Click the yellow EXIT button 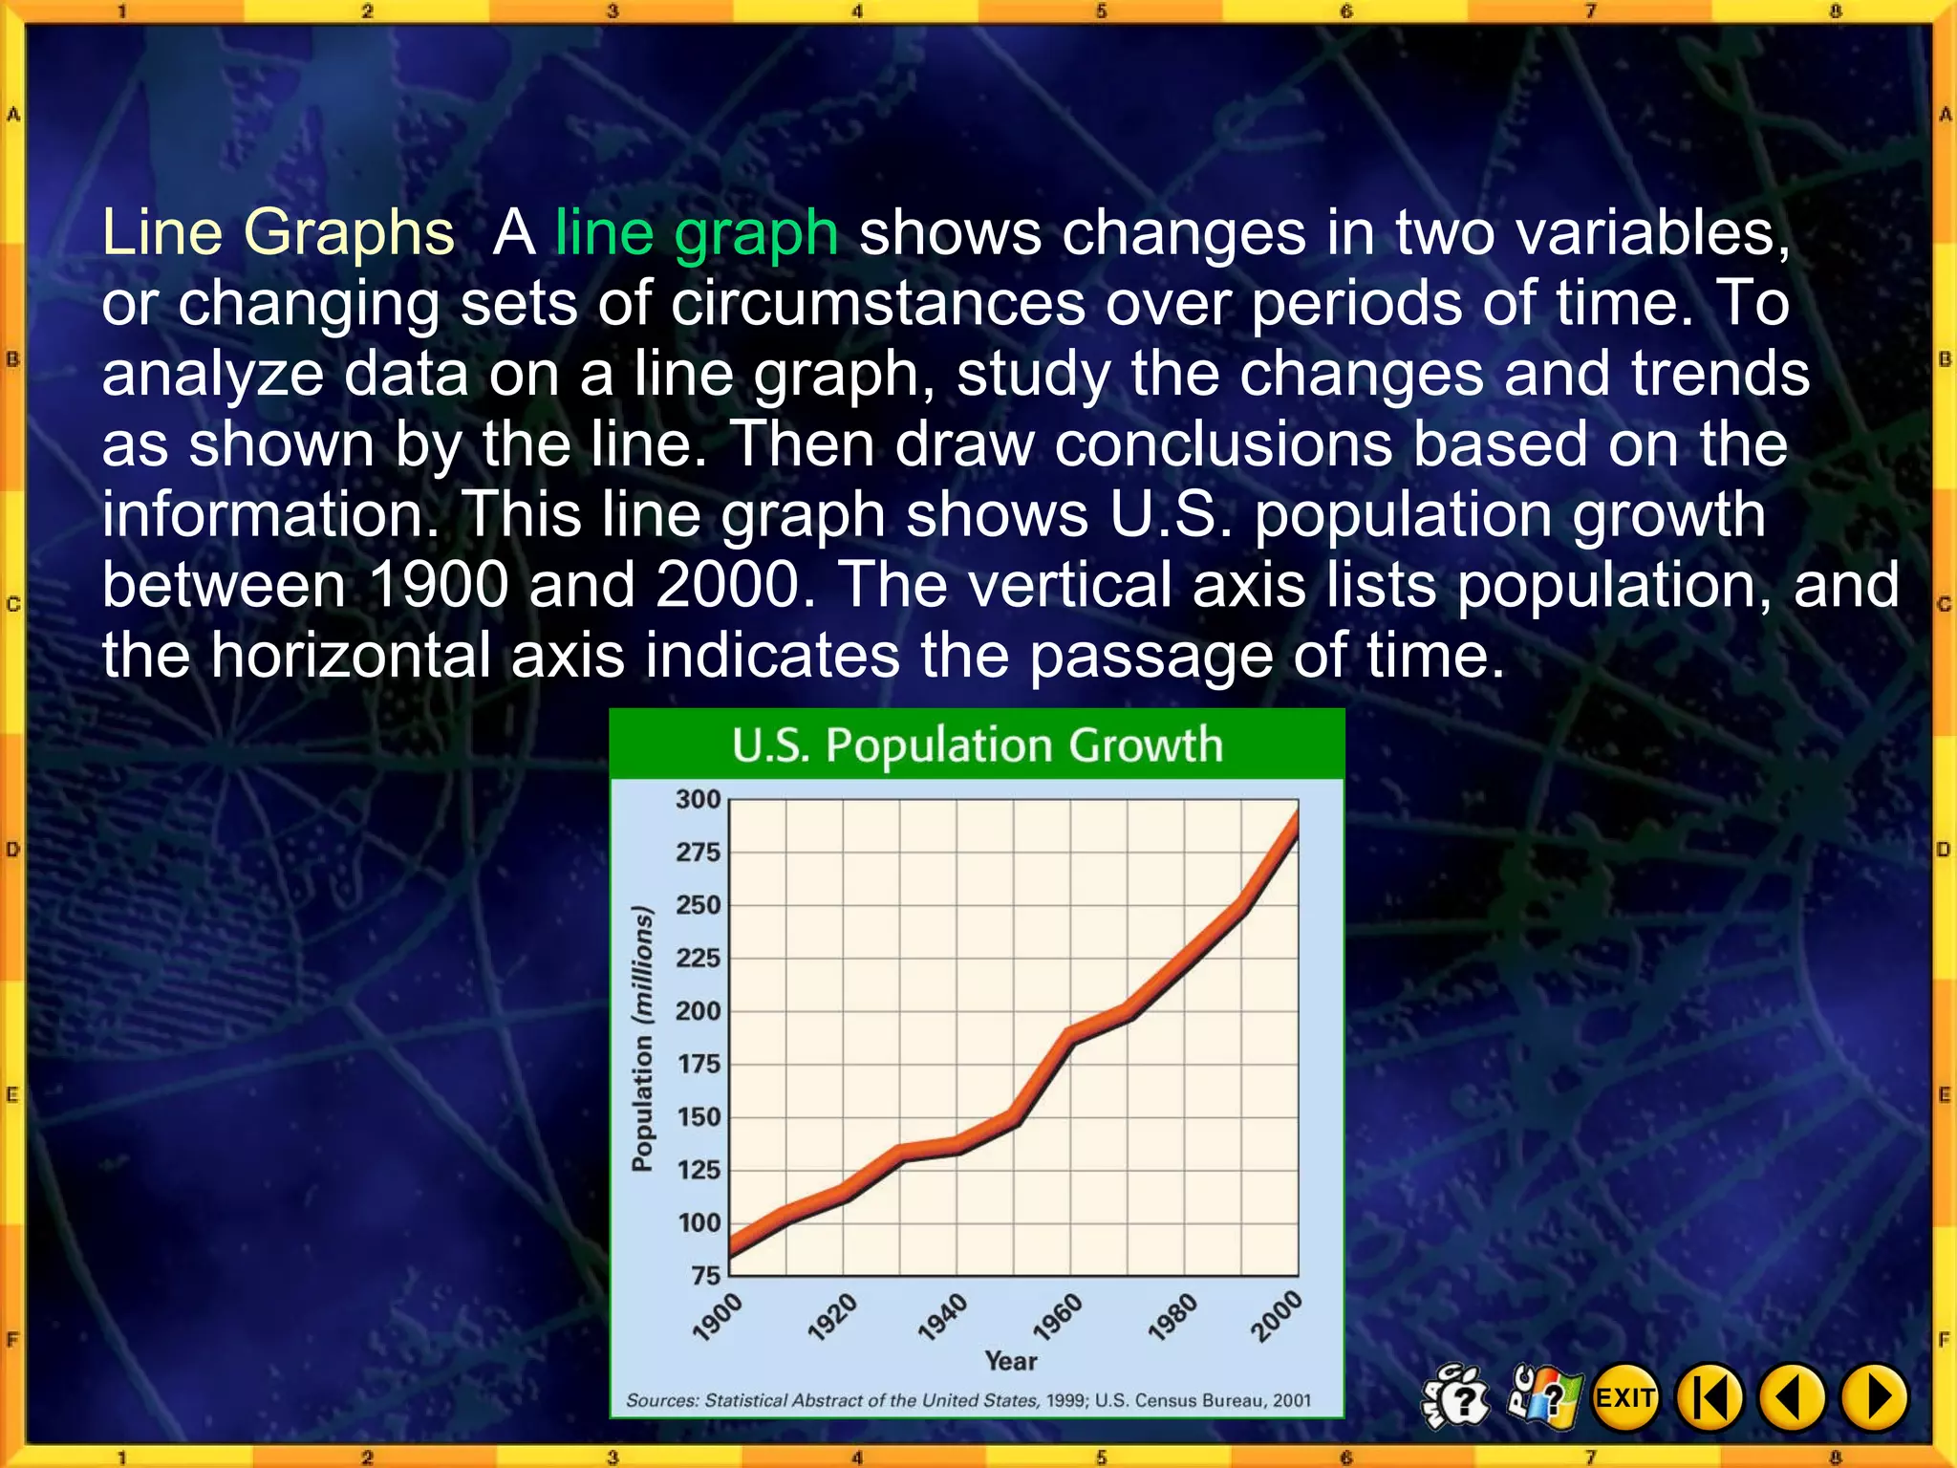tap(1624, 1398)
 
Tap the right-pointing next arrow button tap(1875, 1398)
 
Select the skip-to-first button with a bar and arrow tap(1710, 1398)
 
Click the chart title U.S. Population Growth tap(977, 745)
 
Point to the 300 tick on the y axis tap(698, 799)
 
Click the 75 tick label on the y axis tap(705, 1276)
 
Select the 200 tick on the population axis tap(698, 1011)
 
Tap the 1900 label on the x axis tap(718, 1317)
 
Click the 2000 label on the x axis tap(1277, 1316)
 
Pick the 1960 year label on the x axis tap(1058, 1317)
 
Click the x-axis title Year tap(1011, 1361)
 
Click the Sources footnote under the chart tap(968, 1400)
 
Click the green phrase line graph tap(697, 232)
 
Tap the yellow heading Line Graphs tap(278, 232)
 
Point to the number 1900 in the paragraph tap(438, 585)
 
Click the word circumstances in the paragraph tap(878, 303)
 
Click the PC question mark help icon tap(1542, 1397)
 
